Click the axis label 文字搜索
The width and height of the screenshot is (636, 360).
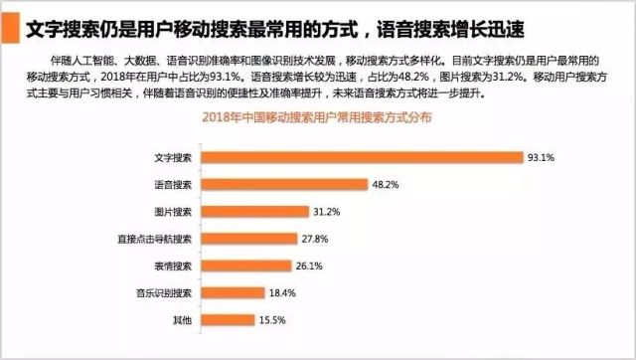click(x=173, y=157)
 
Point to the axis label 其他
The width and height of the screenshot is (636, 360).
click(x=183, y=319)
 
